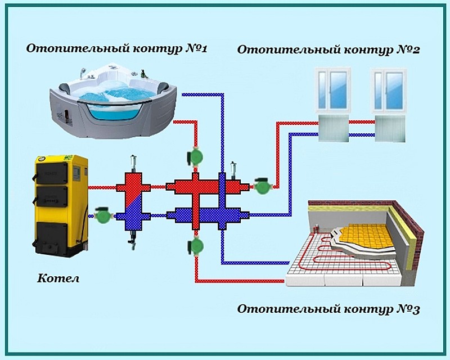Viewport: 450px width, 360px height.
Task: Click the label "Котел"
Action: [x=58, y=278]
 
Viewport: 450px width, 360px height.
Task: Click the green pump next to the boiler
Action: [x=102, y=215]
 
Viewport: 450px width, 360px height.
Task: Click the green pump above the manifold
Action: [x=195, y=156]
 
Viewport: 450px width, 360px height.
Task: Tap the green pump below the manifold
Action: [x=195, y=245]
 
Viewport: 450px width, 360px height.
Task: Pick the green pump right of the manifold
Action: [x=261, y=186]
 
